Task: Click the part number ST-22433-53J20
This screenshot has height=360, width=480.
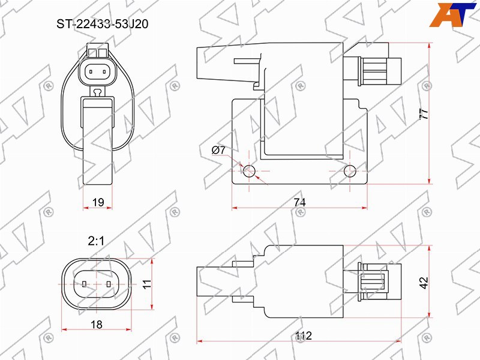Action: [102, 24]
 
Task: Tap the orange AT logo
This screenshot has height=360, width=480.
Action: [453, 14]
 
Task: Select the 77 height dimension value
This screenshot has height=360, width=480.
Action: [424, 114]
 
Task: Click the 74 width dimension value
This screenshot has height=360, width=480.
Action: [299, 202]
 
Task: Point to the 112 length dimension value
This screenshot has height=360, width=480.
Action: [304, 335]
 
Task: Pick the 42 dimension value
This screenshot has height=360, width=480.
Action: [424, 283]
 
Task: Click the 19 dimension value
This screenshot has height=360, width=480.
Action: [98, 202]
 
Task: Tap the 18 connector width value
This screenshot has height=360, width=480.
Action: [97, 324]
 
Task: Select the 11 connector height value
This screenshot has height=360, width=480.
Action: [147, 284]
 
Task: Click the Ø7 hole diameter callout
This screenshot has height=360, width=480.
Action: [218, 150]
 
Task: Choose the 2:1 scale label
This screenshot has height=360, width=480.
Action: [96, 241]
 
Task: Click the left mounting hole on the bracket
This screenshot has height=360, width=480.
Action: [249, 171]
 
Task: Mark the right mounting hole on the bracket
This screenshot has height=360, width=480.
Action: [350, 171]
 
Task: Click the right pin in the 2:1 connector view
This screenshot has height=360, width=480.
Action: [109, 284]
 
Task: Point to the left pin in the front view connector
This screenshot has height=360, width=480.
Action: [91, 72]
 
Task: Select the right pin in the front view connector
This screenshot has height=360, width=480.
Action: [104, 72]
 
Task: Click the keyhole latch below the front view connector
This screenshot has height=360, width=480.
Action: [98, 91]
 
